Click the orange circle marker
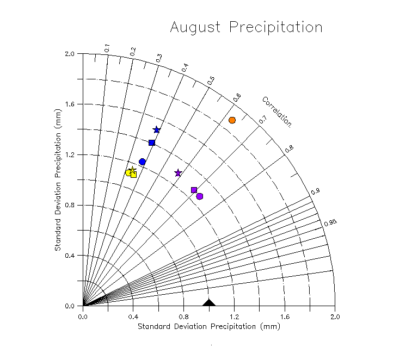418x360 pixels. pos(232,120)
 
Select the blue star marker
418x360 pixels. pos(157,129)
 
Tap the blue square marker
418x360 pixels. pos(152,142)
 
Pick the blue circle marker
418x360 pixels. pos(143,162)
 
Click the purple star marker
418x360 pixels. pos(178,173)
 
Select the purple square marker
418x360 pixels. pos(194,190)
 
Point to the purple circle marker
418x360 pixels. pos(200,196)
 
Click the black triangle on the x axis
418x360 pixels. pos(209,302)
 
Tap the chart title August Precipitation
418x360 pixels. pos(246,27)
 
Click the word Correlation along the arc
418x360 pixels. pos(276,111)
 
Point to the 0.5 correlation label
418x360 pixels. pos(211,80)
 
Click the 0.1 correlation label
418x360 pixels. pos(107,48)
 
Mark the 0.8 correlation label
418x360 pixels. pos(290,148)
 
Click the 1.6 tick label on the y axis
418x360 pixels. pos(69,104)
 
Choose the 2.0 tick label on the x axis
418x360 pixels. pos(335,316)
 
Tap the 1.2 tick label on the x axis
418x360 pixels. pos(234,316)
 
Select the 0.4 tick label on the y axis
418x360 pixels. pos(69,256)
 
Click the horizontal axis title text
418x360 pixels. pos(208,326)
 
